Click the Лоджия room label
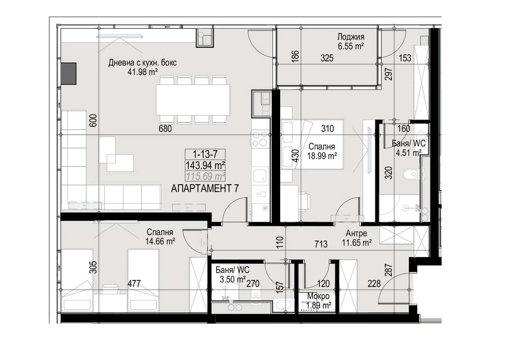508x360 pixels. click(351, 37)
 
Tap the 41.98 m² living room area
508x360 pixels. click(143, 72)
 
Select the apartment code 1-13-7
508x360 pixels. click(205, 154)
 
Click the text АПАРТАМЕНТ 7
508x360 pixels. click(205, 189)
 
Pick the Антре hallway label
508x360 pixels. click(356, 233)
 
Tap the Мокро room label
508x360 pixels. click(318, 296)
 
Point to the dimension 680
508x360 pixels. click(165, 129)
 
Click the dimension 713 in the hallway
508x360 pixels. click(321, 244)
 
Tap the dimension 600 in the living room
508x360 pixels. click(93, 121)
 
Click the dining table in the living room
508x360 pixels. click(193, 100)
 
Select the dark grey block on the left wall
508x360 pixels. click(68, 74)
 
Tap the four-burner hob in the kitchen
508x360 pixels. click(260, 139)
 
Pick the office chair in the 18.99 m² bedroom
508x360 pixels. click(304, 202)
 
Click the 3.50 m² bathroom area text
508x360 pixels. click(233, 279)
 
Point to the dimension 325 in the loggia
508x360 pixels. click(327, 58)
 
